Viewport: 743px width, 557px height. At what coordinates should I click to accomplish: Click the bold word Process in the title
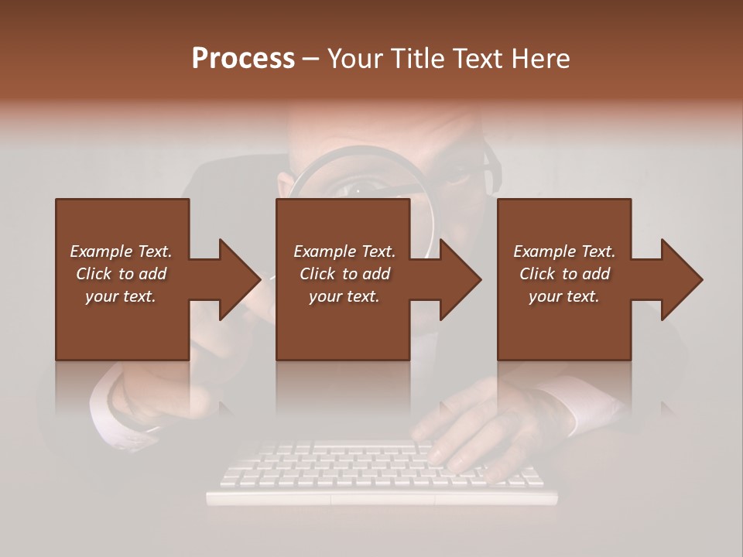[x=243, y=59]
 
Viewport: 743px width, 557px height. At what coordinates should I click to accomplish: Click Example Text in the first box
[x=121, y=251]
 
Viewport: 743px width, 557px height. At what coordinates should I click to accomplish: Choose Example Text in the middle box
[x=344, y=251]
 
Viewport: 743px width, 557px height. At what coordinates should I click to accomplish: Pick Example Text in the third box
[x=564, y=251]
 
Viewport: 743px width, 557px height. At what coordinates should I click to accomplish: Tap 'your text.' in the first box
[x=121, y=296]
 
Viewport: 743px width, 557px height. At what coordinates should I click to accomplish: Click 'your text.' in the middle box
[x=344, y=296]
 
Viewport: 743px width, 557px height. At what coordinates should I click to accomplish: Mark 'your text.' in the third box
[x=564, y=296]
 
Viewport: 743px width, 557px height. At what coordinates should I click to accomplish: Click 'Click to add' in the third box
[x=564, y=274]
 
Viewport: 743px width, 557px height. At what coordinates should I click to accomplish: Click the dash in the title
[x=311, y=59]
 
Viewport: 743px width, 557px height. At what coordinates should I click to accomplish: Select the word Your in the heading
[x=354, y=59]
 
